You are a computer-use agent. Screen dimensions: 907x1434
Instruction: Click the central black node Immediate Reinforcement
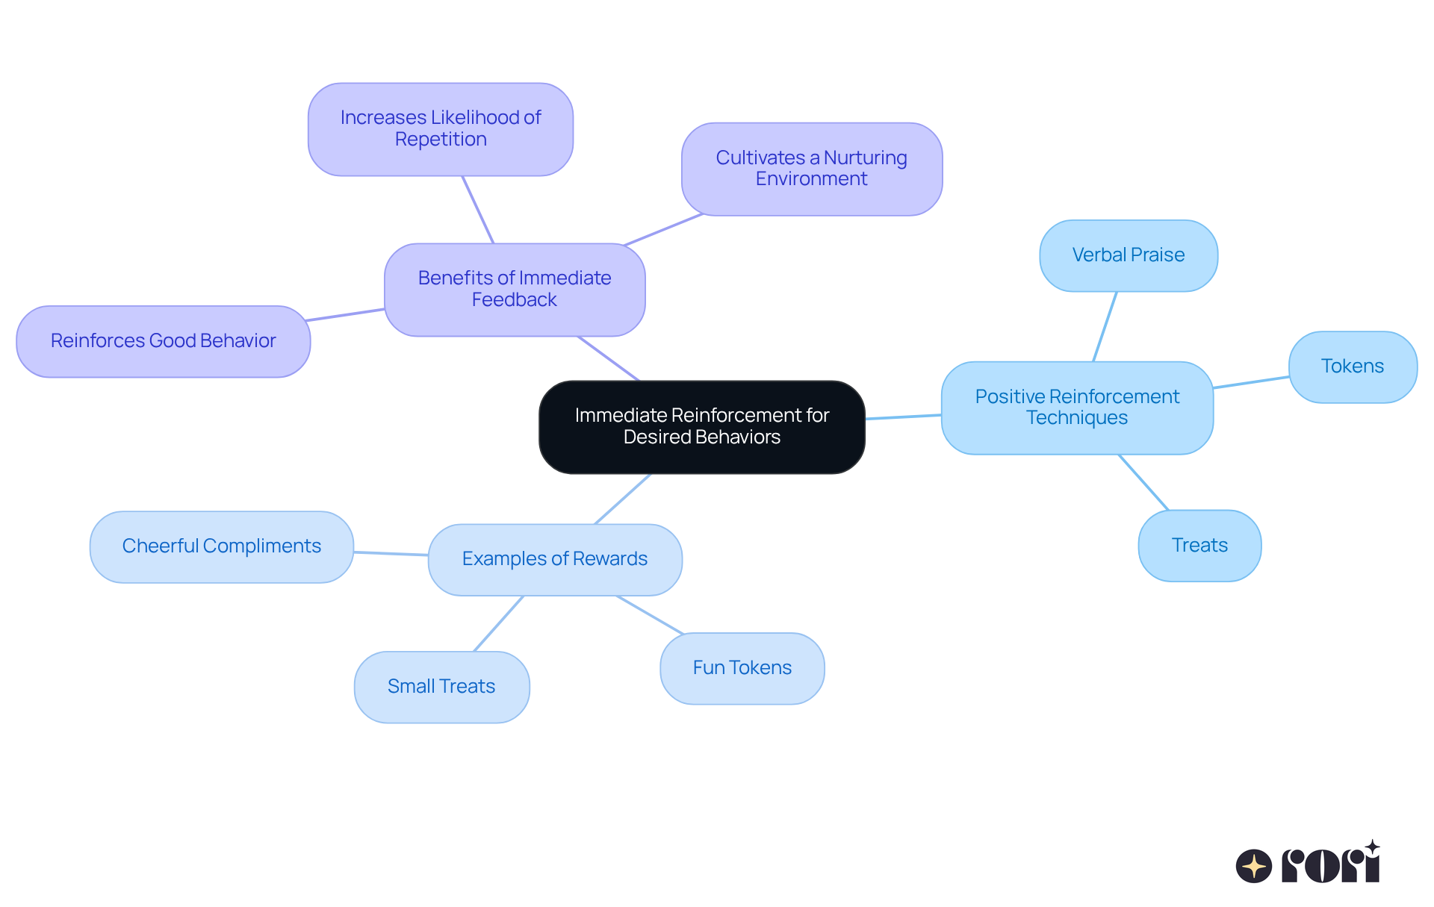(701, 427)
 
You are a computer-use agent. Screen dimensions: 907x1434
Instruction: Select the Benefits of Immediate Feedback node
(515, 290)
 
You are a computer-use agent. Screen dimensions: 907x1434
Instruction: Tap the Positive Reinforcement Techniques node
(1077, 408)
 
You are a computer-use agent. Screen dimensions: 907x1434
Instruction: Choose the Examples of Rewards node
(555, 559)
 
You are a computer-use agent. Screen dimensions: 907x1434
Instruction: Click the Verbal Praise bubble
(1128, 255)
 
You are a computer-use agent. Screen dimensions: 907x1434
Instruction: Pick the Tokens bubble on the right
(1352, 367)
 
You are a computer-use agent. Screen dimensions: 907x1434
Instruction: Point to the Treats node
(1199, 546)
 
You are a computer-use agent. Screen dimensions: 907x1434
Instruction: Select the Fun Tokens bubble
(742, 668)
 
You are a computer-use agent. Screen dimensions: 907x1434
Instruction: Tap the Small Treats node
(441, 687)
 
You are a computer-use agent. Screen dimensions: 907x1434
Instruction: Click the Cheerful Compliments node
(221, 546)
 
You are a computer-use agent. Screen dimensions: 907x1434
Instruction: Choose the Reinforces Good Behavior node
(163, 341)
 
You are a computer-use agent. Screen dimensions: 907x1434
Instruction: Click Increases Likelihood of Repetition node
(441, 129)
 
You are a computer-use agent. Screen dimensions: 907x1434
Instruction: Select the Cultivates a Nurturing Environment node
(811, 169)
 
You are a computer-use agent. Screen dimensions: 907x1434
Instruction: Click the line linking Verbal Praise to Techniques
(1105, 327)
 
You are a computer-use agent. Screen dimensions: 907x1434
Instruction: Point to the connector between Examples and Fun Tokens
(650, 615)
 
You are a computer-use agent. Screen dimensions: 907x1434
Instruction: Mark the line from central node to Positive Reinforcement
(903, 417)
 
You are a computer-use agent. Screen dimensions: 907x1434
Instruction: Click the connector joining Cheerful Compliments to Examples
(391, 554)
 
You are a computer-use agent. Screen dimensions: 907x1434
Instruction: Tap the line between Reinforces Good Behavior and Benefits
(346, 314)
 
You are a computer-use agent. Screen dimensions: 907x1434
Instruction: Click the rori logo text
(1331, 865)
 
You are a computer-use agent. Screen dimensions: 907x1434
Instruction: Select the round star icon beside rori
(1253, 866)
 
